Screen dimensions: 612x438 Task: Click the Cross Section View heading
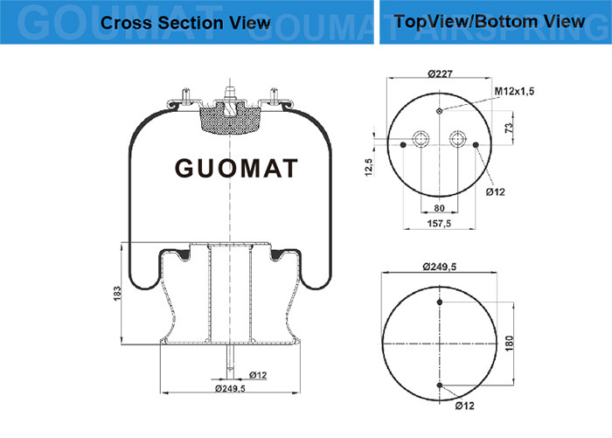point(185,23)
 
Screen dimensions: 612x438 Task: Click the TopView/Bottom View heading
point(490,21)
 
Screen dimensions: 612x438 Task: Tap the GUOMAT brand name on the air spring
point(236,168)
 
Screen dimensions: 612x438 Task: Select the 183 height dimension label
point(117,294)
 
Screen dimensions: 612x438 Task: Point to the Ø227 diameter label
point(440,73)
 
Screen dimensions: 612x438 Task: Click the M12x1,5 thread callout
point(514,91)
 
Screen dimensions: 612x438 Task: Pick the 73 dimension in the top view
point(509,128)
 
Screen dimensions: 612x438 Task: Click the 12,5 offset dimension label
point(369,167)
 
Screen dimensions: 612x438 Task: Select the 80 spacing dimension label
point(439,208)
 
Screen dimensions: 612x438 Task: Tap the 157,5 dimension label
point(439,223)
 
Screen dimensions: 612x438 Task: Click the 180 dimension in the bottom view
point(509,343)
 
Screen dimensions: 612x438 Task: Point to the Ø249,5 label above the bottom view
point(440,267)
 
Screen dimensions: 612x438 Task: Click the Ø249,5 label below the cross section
point(230,388)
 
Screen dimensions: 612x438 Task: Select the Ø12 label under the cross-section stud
point(258,375)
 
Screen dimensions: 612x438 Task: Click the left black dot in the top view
point(403,145)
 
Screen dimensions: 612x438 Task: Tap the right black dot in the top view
point(476,145)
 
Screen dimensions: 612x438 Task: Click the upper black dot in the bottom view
point(440,302)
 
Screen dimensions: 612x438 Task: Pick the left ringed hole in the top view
point(421,139)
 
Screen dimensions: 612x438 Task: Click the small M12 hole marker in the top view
point(440,111)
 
